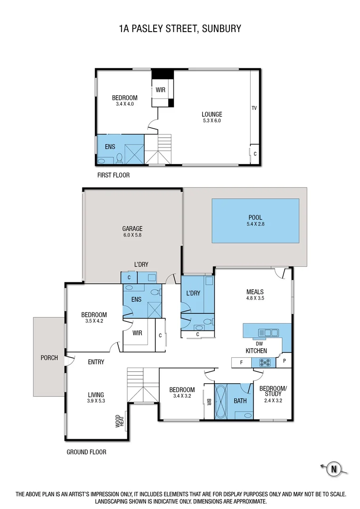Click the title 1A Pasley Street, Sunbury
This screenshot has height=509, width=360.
point(180,29)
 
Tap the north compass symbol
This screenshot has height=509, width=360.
point(334,468)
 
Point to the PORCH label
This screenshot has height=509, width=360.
point(49,358)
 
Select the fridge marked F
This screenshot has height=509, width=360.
point(241,362)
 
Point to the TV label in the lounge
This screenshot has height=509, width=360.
point(254,108)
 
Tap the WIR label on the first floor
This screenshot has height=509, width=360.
point(160,89)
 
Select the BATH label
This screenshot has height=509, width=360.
point(240,401)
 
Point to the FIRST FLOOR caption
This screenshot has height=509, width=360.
point(113,175)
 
